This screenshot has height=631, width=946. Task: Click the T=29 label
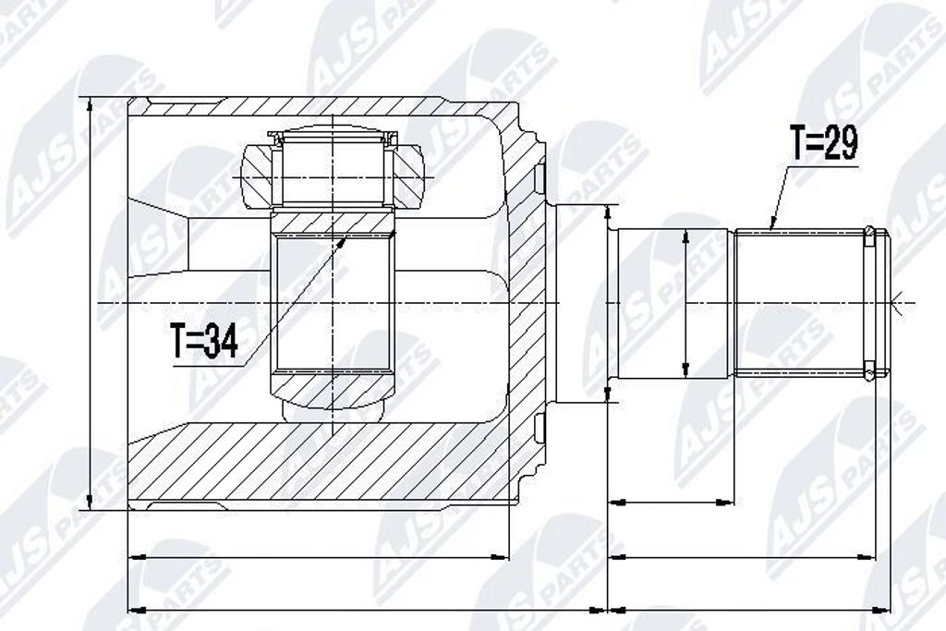[825, 143]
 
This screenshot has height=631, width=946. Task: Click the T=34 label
[204, 341]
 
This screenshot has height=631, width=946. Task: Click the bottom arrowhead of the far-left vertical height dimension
[90, 502]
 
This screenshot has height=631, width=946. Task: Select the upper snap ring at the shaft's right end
[868, 237]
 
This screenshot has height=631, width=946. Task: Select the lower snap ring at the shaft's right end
[868, 371]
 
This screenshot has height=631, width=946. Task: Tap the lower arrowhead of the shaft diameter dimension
[685, 369]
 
